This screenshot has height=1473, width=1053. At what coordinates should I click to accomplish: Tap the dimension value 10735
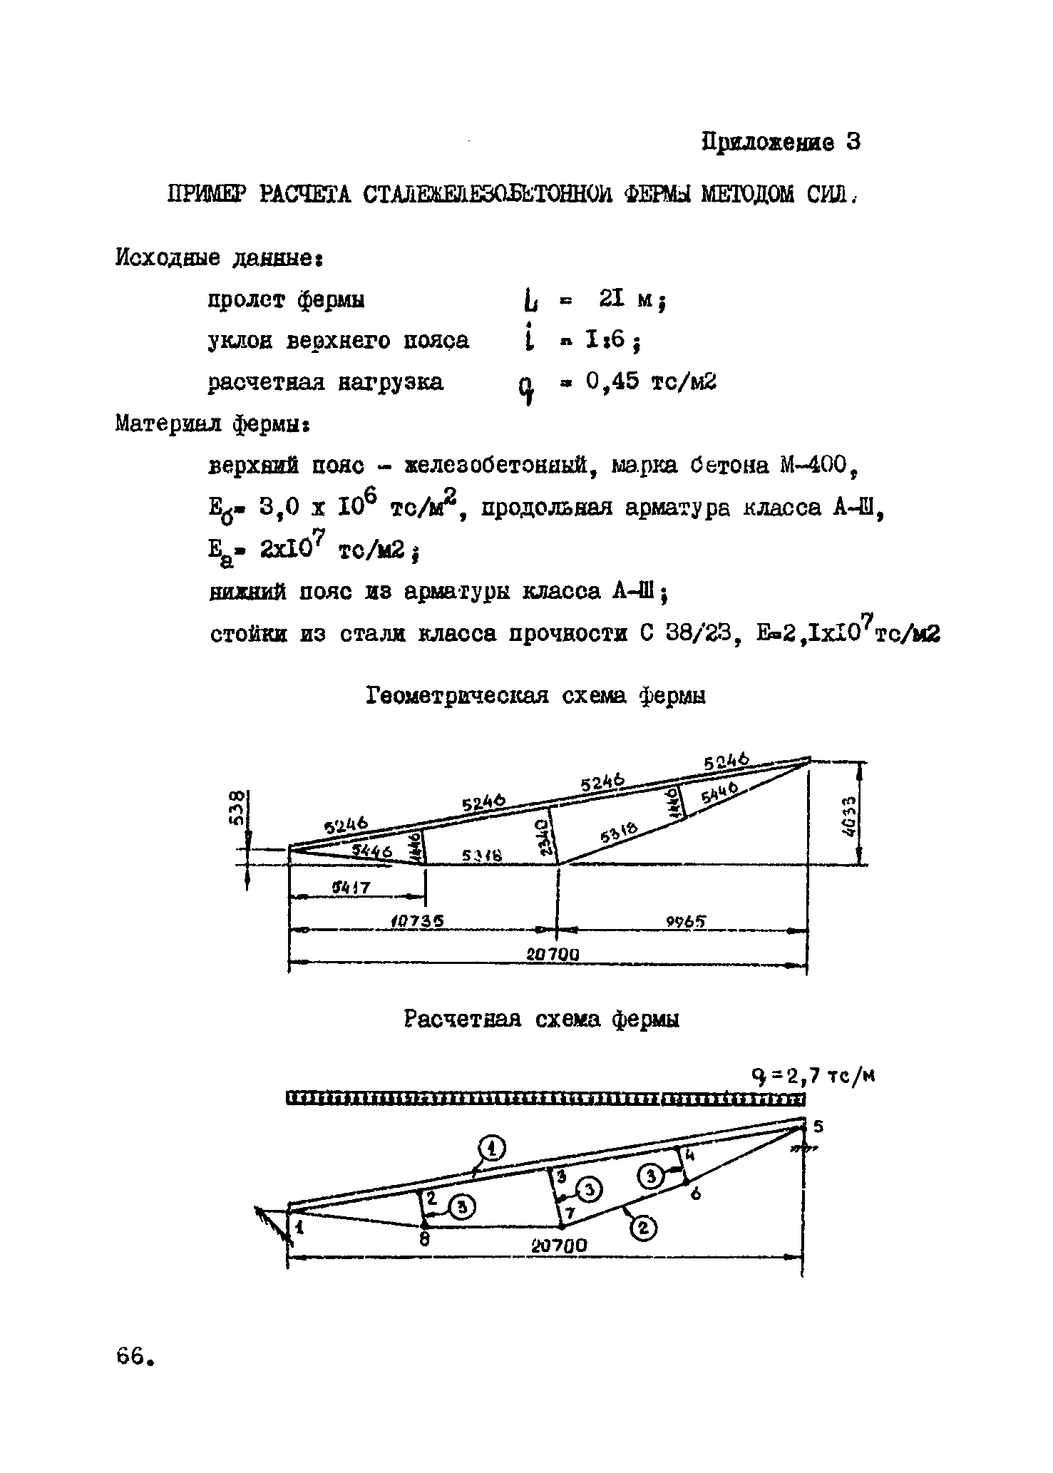point(418,920)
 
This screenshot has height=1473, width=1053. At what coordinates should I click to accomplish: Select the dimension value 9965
point(686,921)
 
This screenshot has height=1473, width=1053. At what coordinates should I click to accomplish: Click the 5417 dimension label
point(353,888)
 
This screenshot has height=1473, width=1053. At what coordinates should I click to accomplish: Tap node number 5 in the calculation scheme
point(818,1127)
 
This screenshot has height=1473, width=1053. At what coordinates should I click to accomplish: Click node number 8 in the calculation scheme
point(424,1238)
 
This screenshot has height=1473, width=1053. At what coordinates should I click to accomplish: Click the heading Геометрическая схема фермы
point(536,695)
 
